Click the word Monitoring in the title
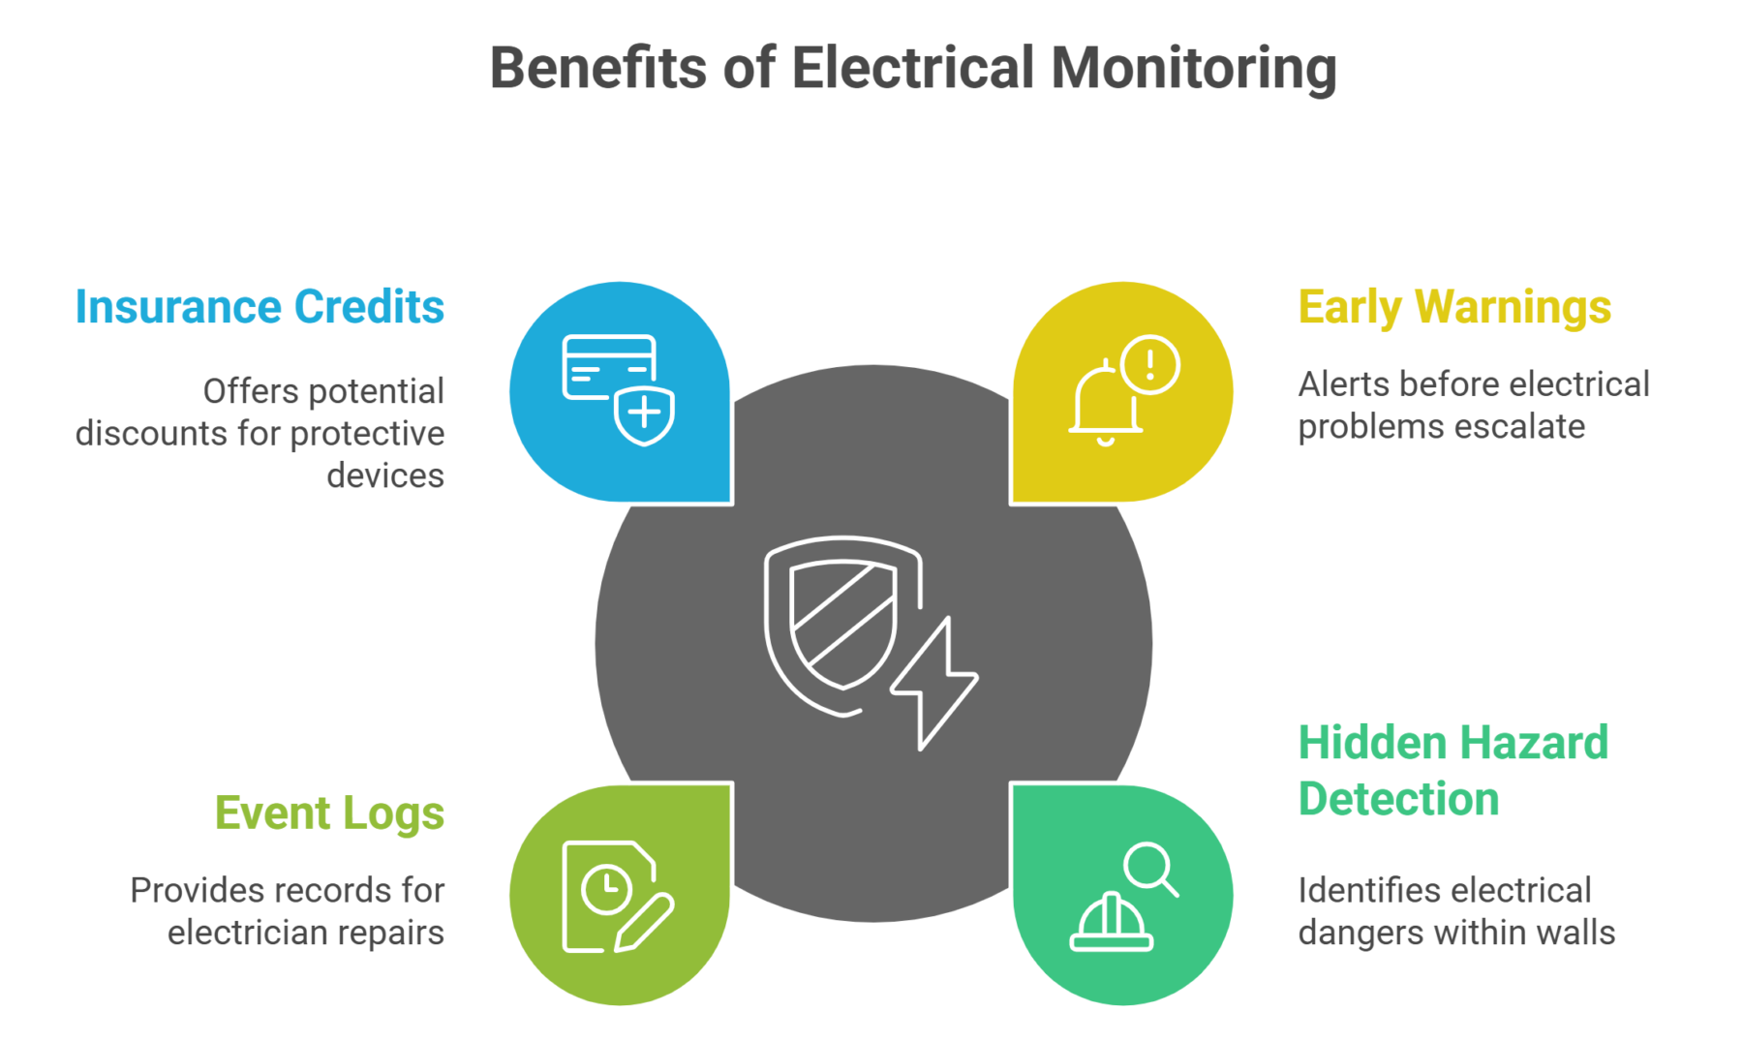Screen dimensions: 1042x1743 [x=1193, y=70]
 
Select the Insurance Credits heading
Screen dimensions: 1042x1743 [x=260, y=307]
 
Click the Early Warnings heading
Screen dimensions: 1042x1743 [x=1454, y=307]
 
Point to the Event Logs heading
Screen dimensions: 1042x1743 [x=329, y=812]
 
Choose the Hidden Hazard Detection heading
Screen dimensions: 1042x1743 [x=1452, y=771]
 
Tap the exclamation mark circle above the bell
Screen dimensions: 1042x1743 [x=1150, y=364]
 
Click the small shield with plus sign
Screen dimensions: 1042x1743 [x=645, y=414]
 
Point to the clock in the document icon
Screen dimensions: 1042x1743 [x=606, y=887]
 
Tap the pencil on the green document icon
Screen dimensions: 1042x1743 [x=645, y=923]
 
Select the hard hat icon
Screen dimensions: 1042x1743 [x=1111, y=924]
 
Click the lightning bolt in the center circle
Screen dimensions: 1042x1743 [x=934, y=683]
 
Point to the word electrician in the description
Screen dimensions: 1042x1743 [x=250, y=933]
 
